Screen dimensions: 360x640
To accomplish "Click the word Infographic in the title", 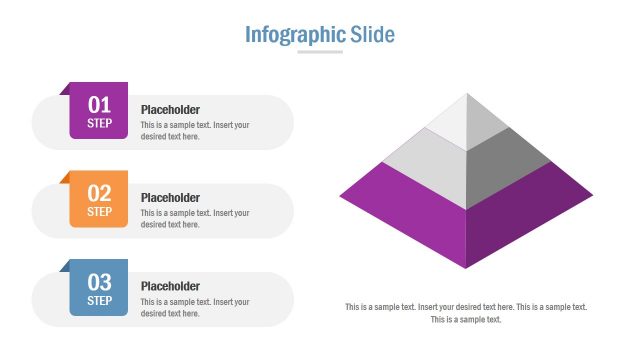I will pos(295,35).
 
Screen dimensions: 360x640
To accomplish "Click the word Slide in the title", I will pos(373,35).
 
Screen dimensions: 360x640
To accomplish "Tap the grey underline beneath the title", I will pos(320,52).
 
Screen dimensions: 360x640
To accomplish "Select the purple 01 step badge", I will pos(99,111).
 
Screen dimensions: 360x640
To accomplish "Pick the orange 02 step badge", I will pos(99,199).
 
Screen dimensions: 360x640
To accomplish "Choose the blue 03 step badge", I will pos(99,288).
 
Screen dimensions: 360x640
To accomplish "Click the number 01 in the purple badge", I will pos(99,104).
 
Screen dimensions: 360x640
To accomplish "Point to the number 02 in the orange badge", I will pos(99,193).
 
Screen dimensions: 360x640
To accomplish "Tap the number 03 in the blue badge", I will pos(99,281).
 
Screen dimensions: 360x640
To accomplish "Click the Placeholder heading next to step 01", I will pos(170,110).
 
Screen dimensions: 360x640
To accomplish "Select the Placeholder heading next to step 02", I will pos(170,198).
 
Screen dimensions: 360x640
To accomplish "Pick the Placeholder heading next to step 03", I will pos(170,286).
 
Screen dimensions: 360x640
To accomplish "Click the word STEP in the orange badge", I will pos(99,212).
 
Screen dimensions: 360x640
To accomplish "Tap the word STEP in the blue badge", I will pos(99,300).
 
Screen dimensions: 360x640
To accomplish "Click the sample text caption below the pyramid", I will pos(466,313).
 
